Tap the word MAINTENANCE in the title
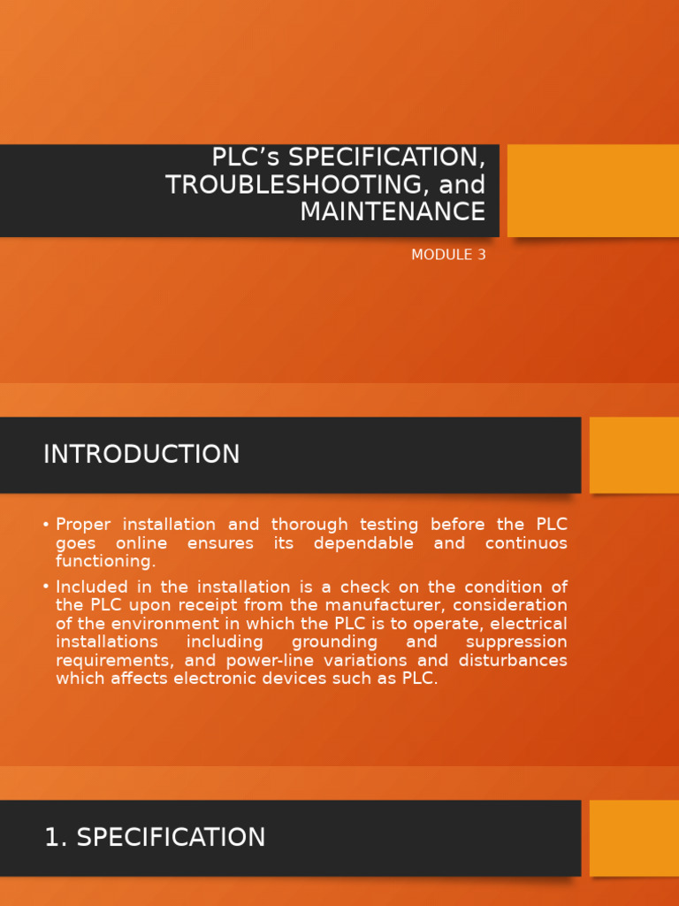(x=393, y=212)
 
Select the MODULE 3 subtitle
(x=448, y=255)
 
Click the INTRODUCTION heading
(x=141, y=455)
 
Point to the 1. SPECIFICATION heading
(x=155, y=838)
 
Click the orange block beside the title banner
(x=592, y=190)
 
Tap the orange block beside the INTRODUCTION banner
(x=634, y=455)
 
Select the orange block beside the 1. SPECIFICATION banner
(x=634, y=838)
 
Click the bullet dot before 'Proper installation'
(x=46, y=525)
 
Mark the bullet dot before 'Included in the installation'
(x=46, y=587)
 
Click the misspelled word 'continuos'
(x=526, y=543)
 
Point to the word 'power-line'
(x=270, y=661)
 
